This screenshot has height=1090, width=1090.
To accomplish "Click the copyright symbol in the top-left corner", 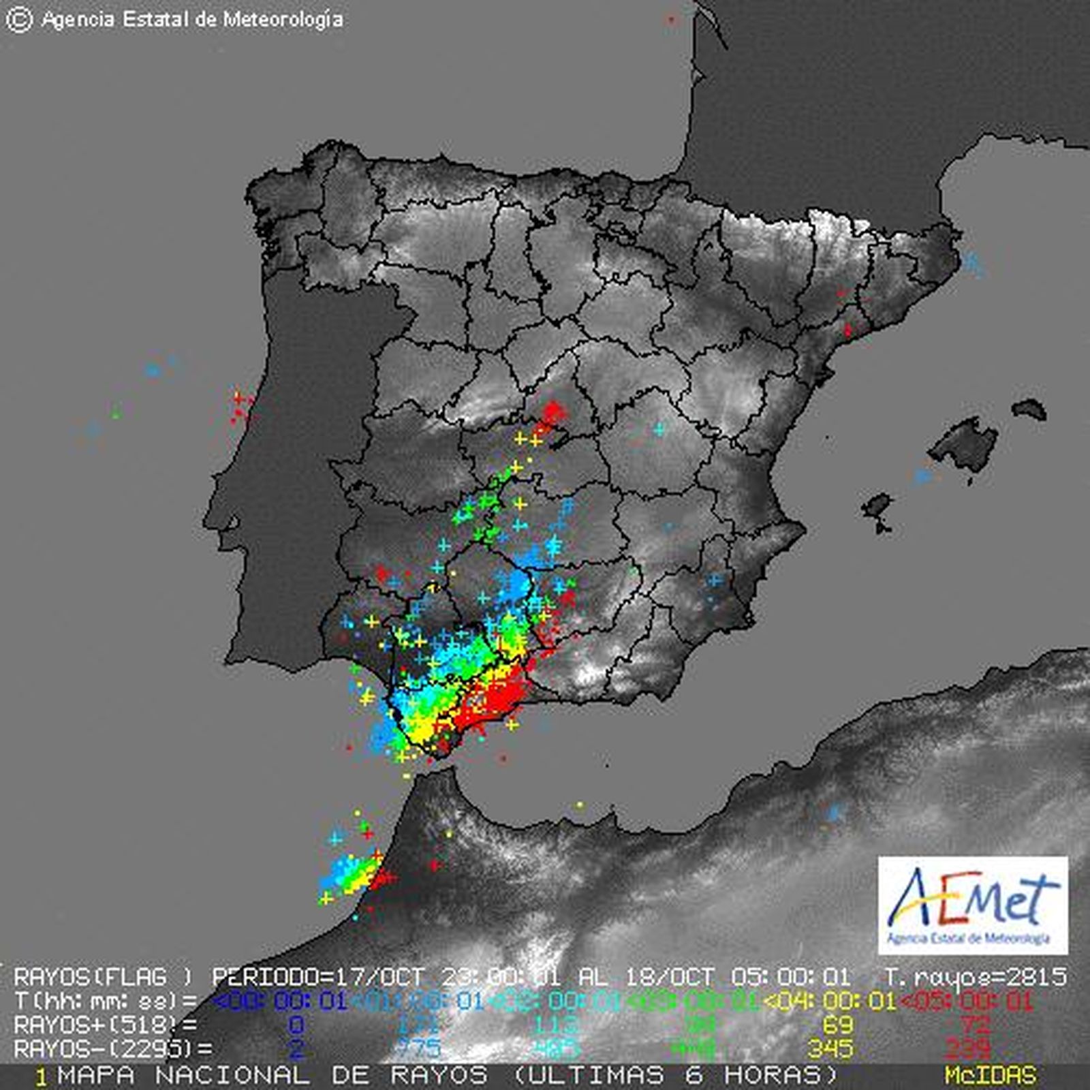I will (x=18, y=20).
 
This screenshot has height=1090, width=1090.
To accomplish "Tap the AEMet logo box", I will (x=972, y=905).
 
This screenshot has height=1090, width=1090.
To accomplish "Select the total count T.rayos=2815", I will (x=974, y=976).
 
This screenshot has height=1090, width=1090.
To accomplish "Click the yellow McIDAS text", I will (x=990, y=1076).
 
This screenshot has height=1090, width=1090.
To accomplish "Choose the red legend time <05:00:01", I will (x=967, y=1001).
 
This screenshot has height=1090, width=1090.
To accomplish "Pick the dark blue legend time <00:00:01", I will (x=280, y=1001).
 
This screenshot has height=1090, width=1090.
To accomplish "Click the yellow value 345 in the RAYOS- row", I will (x=829, y=1048).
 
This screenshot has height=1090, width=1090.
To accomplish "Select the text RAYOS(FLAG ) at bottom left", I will (x=102, y=976).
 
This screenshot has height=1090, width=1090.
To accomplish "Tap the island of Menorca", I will (x=1029, y=409).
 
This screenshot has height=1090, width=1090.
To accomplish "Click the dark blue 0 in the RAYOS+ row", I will (x=296, y=1025).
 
